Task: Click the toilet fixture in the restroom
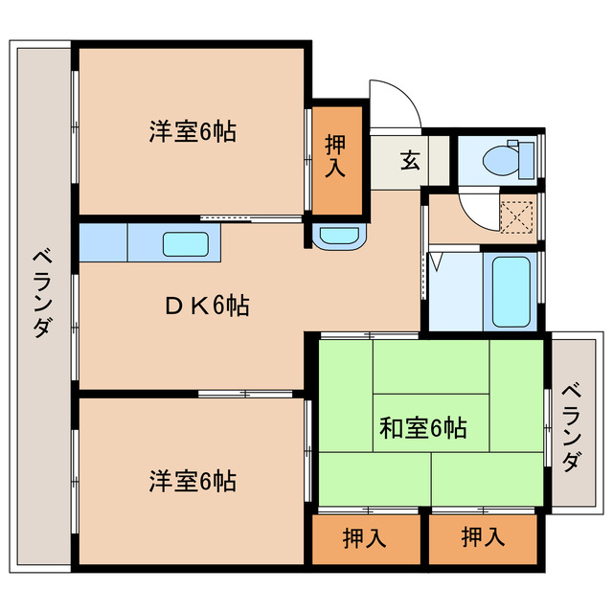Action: coord(499,160)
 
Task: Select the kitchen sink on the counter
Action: coord(184,243)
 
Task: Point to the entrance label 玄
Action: coord(410,160)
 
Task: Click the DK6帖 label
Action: coord(207,306)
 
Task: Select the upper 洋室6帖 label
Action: coord(193,130)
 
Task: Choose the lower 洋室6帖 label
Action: coord(193,479)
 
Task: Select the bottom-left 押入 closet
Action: coord(365,538)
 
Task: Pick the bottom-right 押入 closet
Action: coord(483,538)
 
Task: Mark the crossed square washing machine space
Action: coord(518,216)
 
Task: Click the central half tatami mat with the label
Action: coord(431,421)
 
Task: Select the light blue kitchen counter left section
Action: coord(102,243)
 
